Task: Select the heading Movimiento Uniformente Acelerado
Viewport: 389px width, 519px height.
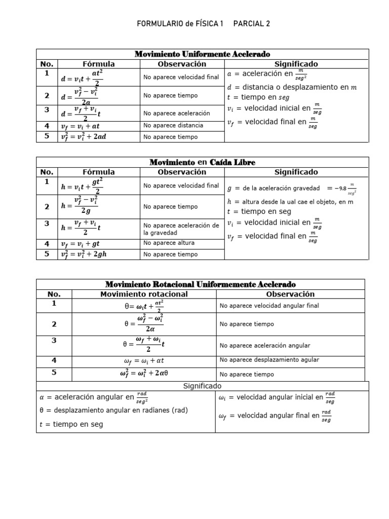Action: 202,54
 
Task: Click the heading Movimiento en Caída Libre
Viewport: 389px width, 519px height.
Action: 202,162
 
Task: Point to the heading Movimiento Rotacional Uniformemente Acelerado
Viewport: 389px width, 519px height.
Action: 200,284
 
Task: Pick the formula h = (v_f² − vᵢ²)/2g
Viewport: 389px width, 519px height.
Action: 79,207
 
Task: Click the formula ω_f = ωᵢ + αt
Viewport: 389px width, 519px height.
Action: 144,360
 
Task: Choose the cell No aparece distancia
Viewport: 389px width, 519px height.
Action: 173,125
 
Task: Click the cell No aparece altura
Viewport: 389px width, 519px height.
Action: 169,243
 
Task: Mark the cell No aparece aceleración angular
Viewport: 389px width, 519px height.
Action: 265,346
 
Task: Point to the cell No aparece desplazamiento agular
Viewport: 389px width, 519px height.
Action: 269,360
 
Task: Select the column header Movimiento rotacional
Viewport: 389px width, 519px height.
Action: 144,294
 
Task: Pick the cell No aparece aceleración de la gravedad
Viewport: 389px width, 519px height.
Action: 181,229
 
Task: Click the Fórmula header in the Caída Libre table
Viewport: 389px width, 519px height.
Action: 98,172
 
